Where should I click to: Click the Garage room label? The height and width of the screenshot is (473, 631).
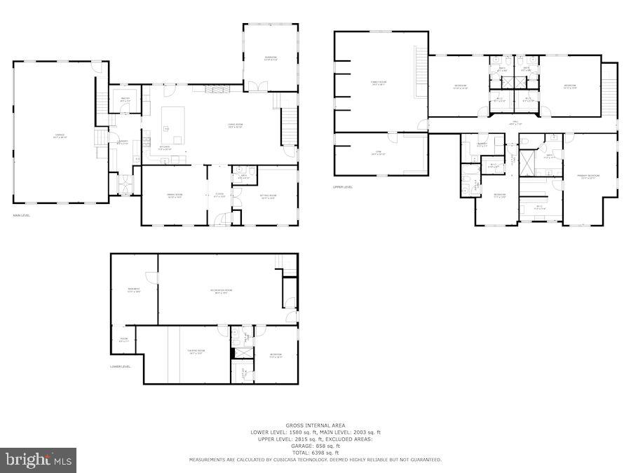coord(54,135)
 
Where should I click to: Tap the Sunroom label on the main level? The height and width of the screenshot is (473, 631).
coord(271,58)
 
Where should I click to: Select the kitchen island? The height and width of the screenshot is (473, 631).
coord(173,125)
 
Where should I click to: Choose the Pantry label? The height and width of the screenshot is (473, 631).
coord(125,100)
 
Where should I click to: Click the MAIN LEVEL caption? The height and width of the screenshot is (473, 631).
coord(22,215)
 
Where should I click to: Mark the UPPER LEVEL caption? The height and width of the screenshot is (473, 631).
coord(343,187)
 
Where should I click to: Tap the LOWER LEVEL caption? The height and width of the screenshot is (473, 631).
coord(121,366)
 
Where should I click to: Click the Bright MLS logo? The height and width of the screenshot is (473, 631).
coord(39,460)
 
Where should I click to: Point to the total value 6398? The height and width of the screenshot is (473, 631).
coord(321,453)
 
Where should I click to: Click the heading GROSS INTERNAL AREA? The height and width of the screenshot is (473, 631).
coord(315,425)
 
